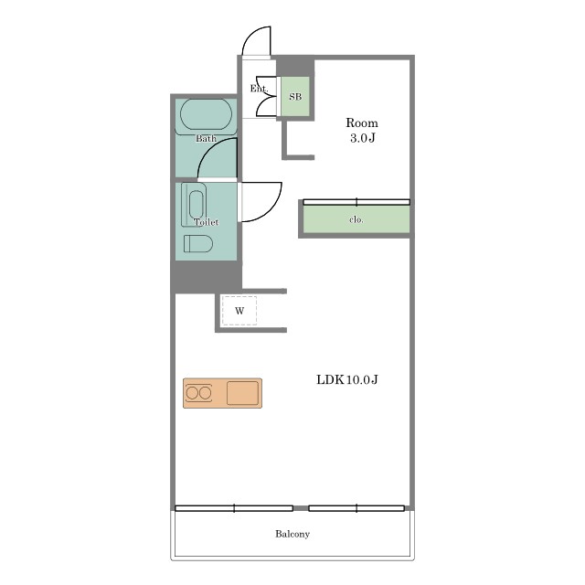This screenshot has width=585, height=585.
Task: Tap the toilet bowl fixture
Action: pos(198,244)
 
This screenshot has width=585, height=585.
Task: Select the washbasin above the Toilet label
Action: pos(197,204)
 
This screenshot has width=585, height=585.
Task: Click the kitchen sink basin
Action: pos(242,393)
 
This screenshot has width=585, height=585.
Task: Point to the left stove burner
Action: pos(193,393)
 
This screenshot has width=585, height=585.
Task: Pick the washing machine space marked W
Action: pos(239,311)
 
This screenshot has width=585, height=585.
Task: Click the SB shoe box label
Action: pos(295,97)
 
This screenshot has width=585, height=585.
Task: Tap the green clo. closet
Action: pos(356,219)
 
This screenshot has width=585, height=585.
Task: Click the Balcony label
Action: pos(292,534)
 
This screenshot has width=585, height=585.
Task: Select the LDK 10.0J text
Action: pos(347,380)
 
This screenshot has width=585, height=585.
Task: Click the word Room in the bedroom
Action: pos(362,122)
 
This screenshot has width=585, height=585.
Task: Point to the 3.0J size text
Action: pos(363,138)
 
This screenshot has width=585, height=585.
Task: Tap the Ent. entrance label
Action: pos(259,89)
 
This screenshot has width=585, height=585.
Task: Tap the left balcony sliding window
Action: pos(234,508)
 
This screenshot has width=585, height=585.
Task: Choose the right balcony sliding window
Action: pos(356,508)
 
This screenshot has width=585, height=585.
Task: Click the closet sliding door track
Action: pos(356,202)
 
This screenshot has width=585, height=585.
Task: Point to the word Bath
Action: pos(206,138)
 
